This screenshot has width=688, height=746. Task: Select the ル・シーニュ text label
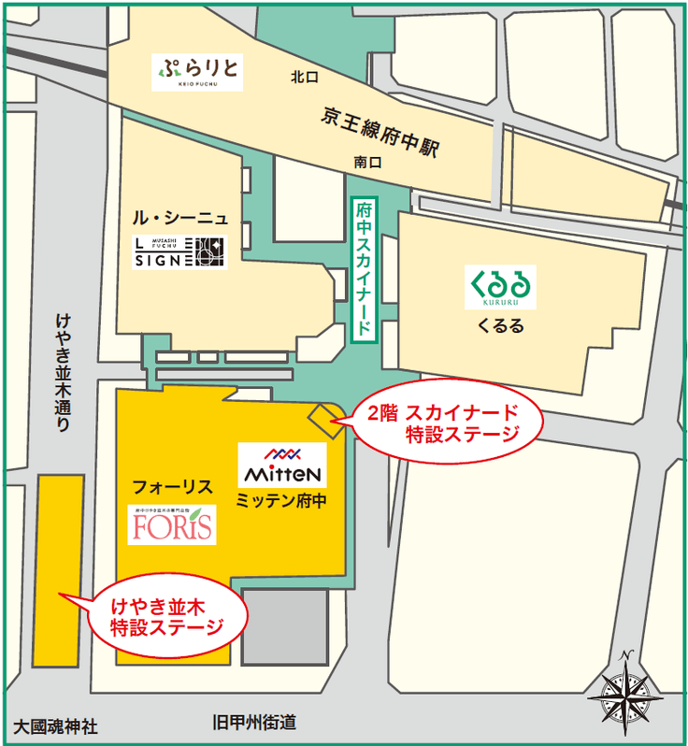pos(179,219)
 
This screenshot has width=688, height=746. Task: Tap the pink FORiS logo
pos(173,524)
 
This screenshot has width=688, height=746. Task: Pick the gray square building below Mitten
pos(282,627)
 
